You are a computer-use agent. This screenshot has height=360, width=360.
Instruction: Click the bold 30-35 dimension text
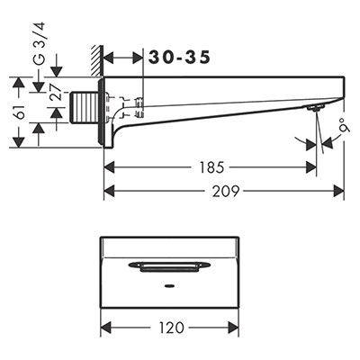179,58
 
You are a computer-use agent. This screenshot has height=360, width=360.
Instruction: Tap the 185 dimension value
212,167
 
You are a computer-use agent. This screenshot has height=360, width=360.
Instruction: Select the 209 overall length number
226,191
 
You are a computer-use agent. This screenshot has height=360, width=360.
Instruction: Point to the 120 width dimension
172,328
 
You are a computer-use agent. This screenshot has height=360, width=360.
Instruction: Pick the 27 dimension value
55,92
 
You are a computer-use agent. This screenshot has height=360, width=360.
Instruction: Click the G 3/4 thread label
39,43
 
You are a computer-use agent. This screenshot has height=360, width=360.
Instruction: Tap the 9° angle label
345,126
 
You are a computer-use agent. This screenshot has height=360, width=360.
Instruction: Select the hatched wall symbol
97,60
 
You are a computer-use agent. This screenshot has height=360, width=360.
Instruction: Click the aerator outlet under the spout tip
315,108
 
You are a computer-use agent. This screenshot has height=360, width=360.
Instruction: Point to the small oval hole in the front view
169,285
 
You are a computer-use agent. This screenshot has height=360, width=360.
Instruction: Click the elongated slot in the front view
169,266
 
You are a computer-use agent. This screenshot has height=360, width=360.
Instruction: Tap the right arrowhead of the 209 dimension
339,191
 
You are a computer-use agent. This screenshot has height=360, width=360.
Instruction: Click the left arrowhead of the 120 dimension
106,328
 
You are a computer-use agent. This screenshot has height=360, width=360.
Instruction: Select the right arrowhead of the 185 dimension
311,167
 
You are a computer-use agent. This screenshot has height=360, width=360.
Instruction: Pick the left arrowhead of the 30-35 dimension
109,58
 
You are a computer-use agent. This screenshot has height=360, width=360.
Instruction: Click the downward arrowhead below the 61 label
19,142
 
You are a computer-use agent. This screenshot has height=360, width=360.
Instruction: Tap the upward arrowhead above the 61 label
19,83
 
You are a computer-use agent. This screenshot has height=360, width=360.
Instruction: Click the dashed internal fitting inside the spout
124,106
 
